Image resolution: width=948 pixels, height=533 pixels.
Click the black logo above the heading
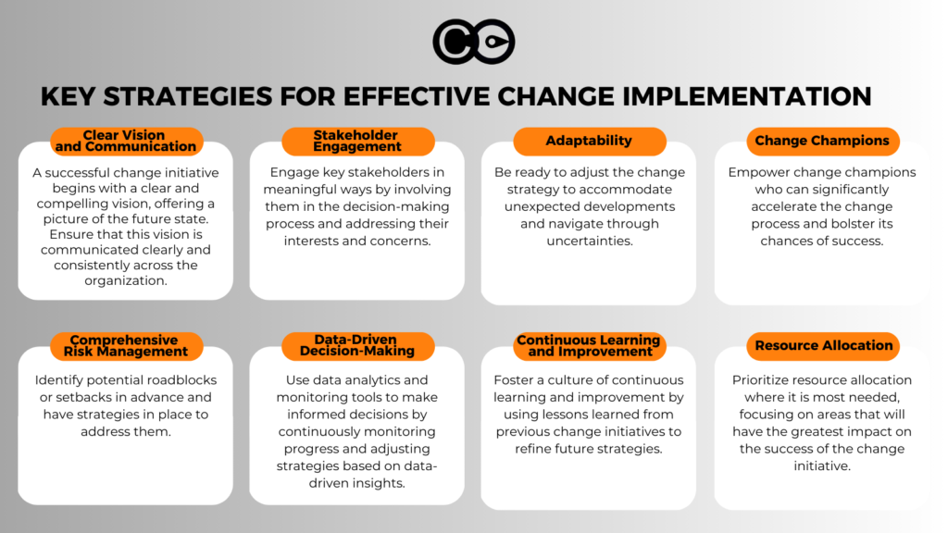tap(473, 42)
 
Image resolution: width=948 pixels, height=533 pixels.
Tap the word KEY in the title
tap(68, 96)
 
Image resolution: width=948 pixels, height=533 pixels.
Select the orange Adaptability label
tap(590, 141)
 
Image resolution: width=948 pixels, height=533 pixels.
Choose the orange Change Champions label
tap(822, 141)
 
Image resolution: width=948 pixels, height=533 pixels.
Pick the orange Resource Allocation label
tap(823, 346)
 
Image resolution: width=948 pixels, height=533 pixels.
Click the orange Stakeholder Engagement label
tap(358, 141)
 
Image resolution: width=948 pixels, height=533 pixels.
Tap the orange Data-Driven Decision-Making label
tap(358, 346)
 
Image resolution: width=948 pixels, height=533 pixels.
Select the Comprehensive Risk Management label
tap(126, 346)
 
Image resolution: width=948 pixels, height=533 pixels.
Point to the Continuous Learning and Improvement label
tap(590, 346)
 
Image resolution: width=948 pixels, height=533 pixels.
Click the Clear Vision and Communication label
tap(126, 141)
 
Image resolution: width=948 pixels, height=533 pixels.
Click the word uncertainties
tap(590, 242)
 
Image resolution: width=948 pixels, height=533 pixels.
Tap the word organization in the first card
tap(126, 281)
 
